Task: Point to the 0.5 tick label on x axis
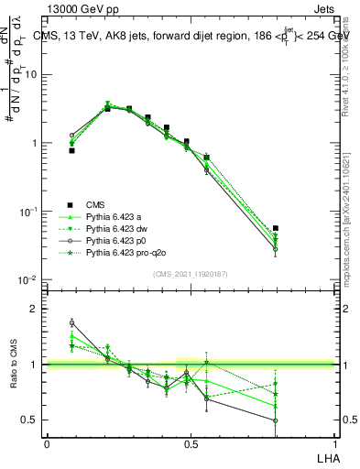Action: pos(191,442)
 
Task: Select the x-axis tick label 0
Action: pos(47,442)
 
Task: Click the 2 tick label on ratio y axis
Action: pos(38,309)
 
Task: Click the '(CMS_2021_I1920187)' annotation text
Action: pos(190,274)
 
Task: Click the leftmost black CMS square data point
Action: pos(71,150)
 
